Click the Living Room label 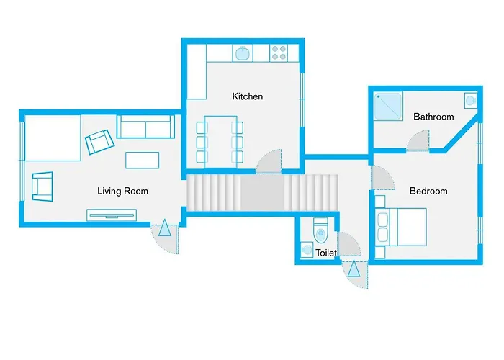click(122, 191)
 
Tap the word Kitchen click(247, 96)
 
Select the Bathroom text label click(433, 117)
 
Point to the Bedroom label click(428, 191)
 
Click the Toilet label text click(326, 253)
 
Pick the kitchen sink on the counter click(243, 53)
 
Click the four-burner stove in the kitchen click(278, 53)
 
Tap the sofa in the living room click(145, 127)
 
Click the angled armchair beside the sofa click(98, 142)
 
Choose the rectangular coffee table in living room click(143, 160)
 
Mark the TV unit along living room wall click(111, 213)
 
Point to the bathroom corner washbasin click(469, 100)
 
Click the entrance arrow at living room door click(165, 230)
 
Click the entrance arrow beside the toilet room click(353, 271)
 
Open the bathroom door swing click(419, 141)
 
